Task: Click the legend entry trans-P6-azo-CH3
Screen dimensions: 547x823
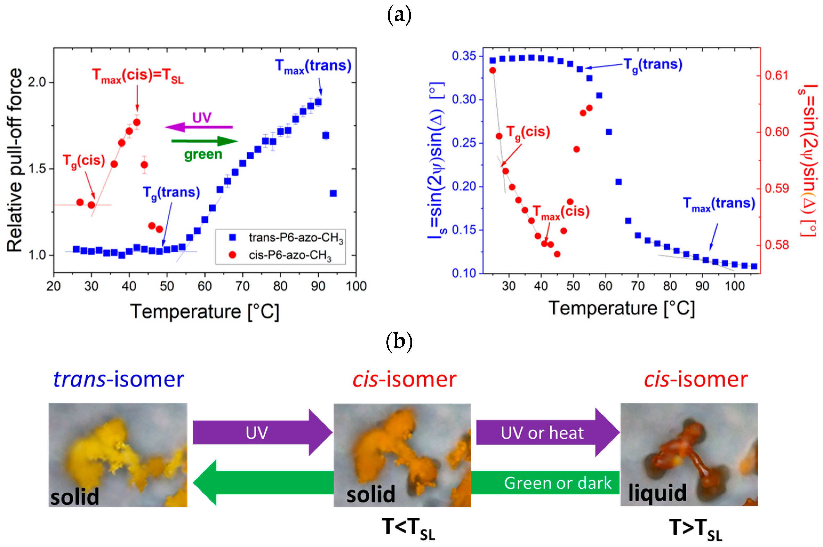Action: coord(295,238)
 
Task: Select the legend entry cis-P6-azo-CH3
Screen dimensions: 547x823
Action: coord(290,256)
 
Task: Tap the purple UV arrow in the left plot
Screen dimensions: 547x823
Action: coord(199,127)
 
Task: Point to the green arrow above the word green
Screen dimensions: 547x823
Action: coord(205,141)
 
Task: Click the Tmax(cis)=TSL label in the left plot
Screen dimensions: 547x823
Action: coord(138,76)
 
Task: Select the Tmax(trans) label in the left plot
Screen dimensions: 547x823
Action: coord(313,66)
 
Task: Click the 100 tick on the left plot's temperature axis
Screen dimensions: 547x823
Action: coord(356,286)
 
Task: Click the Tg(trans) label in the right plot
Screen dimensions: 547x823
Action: coord(653,65)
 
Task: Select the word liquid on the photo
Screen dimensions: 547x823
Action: coord(657,493)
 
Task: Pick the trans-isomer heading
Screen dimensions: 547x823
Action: coord(119,380)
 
